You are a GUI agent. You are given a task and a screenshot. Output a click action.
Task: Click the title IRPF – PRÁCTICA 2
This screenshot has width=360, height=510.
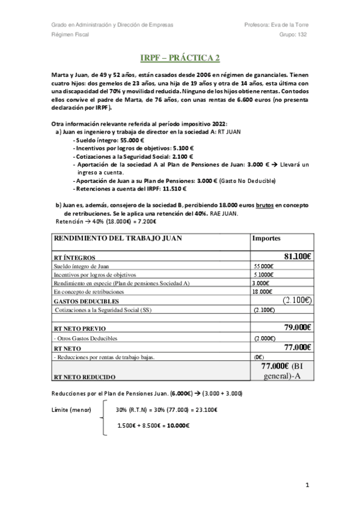click(180, 58)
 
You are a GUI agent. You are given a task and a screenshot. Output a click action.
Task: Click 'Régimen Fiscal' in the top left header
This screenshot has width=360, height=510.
click(70, 35)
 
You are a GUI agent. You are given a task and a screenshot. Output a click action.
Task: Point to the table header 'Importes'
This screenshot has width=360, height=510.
click(267, 238)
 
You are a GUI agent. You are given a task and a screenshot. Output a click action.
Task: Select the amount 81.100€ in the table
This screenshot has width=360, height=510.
click(297, 256)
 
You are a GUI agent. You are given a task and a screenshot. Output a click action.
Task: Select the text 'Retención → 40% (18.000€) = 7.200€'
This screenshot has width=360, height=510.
click(102, 221)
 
